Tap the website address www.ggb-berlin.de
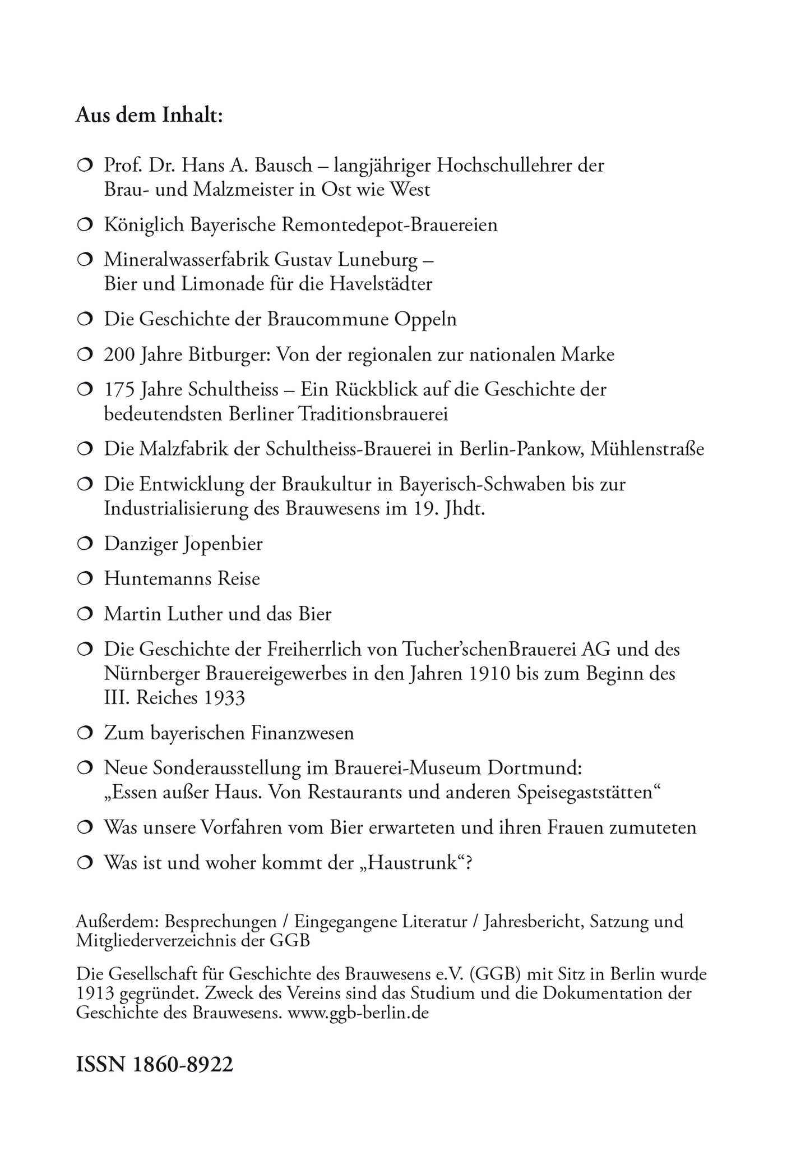coord(358,1014)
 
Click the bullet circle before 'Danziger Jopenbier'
coord(84,544)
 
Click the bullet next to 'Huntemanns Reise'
coord(84,579)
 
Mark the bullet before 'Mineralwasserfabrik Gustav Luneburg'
coord(84,260)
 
